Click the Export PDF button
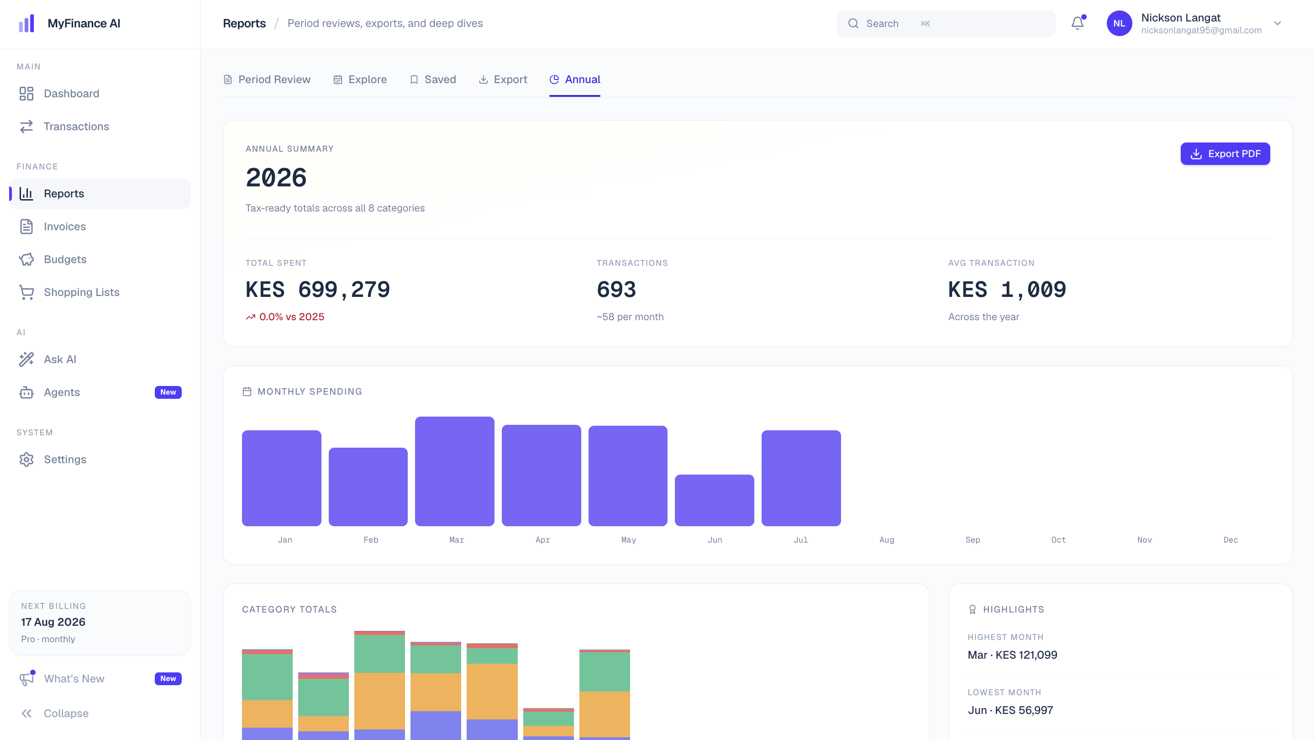[1225, 154]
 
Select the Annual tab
[575, 79]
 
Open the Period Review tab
[267, 79]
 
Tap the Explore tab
[360, 79]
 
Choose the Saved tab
[433, 79]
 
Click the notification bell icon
[1078, 23]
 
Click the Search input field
[946, 23]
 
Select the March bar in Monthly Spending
[455, 471]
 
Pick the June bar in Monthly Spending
[714, 501]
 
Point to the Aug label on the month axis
[887, 540]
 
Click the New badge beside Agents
[168, 392]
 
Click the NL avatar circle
[1119, 23]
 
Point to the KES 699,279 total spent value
[317, 290]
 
